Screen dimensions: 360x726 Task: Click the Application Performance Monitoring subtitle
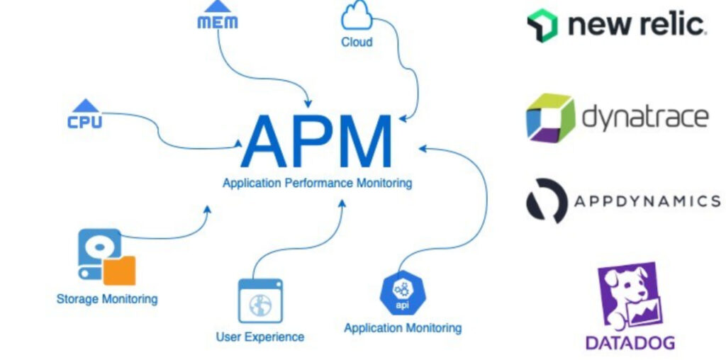pos(317,183)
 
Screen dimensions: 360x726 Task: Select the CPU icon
pos(85,115)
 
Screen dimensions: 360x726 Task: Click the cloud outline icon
pos(357,16)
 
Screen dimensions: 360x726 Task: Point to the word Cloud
pos(357,42)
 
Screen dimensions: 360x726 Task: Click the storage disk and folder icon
pos(106,257)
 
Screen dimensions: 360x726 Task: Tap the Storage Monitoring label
pos(107,298)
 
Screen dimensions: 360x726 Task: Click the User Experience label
pos(260,337)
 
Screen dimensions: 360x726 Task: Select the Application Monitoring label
pos(403,328)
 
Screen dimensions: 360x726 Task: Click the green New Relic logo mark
pos(542,26)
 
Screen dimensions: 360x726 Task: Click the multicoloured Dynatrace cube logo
pos(549,117)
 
